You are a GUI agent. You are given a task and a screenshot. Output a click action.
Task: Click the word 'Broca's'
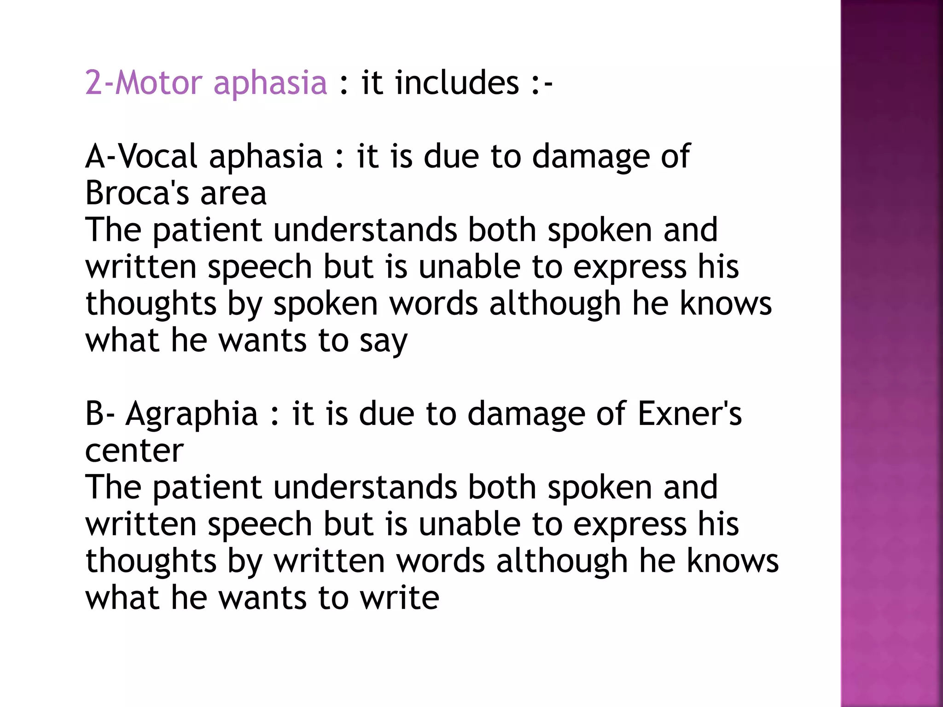pos(137,193)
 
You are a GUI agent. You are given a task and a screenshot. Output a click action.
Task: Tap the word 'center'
pos(134,451)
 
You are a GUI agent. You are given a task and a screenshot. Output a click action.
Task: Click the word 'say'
pos(383,342)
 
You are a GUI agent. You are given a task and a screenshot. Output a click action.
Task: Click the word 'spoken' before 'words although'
pos(326,305)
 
